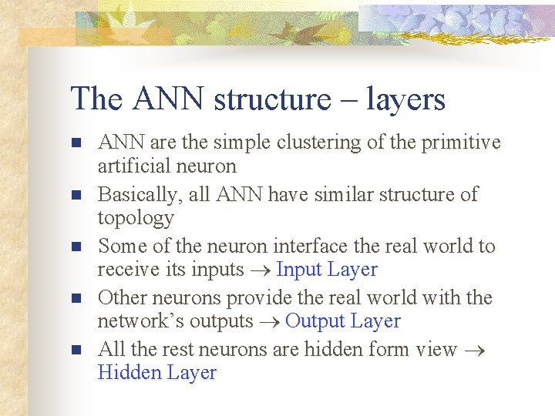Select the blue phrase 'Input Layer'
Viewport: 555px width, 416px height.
coord(327,270)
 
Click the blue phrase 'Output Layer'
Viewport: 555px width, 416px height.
coord(343,321)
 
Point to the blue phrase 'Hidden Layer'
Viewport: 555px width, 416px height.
coord(157,373)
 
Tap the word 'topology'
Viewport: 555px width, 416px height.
coord(136,218)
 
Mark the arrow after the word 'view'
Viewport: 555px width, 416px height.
coord(476,350)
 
